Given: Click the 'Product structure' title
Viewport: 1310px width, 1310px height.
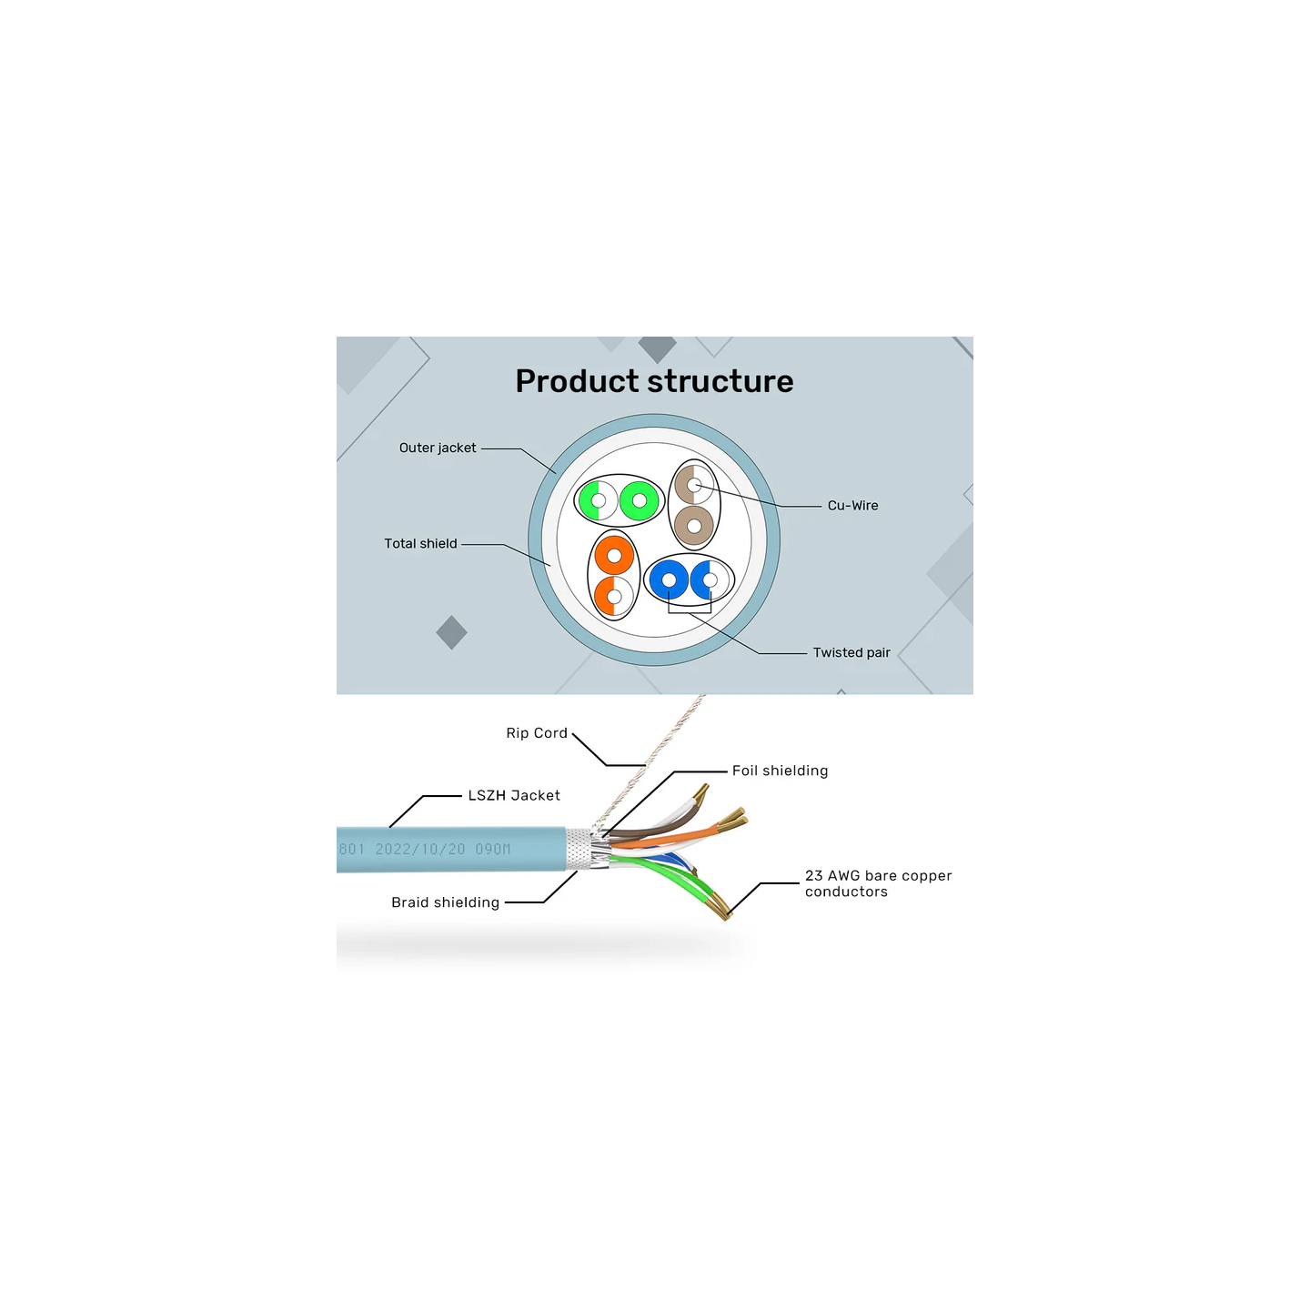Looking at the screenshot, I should (x=654, y=381).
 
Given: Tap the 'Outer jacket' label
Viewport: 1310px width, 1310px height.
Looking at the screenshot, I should (x=437, y=448).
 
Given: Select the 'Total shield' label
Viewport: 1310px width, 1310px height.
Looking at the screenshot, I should (x=420, y=543).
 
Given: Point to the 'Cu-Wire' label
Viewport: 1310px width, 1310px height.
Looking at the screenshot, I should (x=852, y=506).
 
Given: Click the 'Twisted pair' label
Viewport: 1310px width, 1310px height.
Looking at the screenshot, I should (x=851, y=652).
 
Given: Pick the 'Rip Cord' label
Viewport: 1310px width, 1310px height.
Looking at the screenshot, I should (x=537, y=733).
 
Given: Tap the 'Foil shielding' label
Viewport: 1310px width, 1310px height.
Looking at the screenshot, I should (x=780, y=771).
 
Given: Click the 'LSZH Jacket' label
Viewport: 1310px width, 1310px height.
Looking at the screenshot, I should (x=514, y=795).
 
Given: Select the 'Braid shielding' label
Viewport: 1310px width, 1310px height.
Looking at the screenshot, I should (x=445, y=902).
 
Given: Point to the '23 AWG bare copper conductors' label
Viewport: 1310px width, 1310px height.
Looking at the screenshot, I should (x=878, y=883).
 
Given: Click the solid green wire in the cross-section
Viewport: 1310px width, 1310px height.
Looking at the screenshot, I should (x=640, y=500).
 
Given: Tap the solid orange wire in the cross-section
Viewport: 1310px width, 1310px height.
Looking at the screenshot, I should (x=614, y=555).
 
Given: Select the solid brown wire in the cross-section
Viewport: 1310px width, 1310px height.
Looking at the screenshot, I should (x=694, y=526).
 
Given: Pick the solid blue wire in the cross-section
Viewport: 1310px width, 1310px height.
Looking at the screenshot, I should (x=669, y=579).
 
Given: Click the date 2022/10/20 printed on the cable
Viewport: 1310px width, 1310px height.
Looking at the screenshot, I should (x=420, y=849).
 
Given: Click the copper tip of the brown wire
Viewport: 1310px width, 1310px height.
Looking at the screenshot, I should (x=701, y=793).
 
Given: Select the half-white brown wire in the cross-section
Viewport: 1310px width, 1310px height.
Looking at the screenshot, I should (x=694, y=485).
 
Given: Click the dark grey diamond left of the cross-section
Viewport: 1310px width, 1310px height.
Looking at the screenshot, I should (x=451, y=632).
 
